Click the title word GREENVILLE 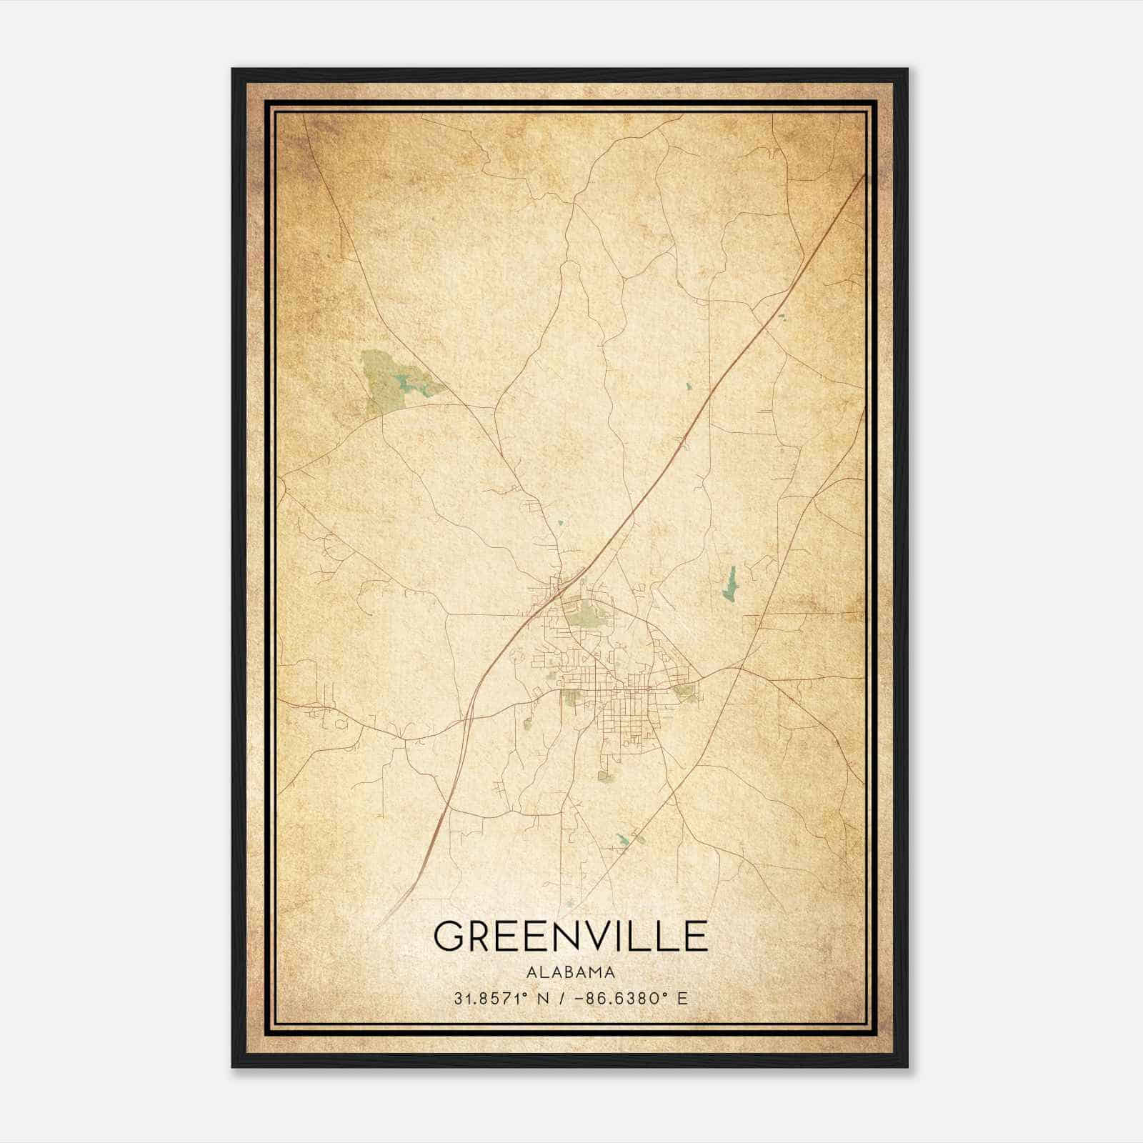570,937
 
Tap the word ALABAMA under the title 570,972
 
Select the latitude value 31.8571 491,999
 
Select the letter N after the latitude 545,999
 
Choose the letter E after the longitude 682,999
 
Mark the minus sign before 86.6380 579,999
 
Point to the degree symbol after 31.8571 529,994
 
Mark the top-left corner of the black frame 233,69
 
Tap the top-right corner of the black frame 907,69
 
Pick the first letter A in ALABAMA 530,972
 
